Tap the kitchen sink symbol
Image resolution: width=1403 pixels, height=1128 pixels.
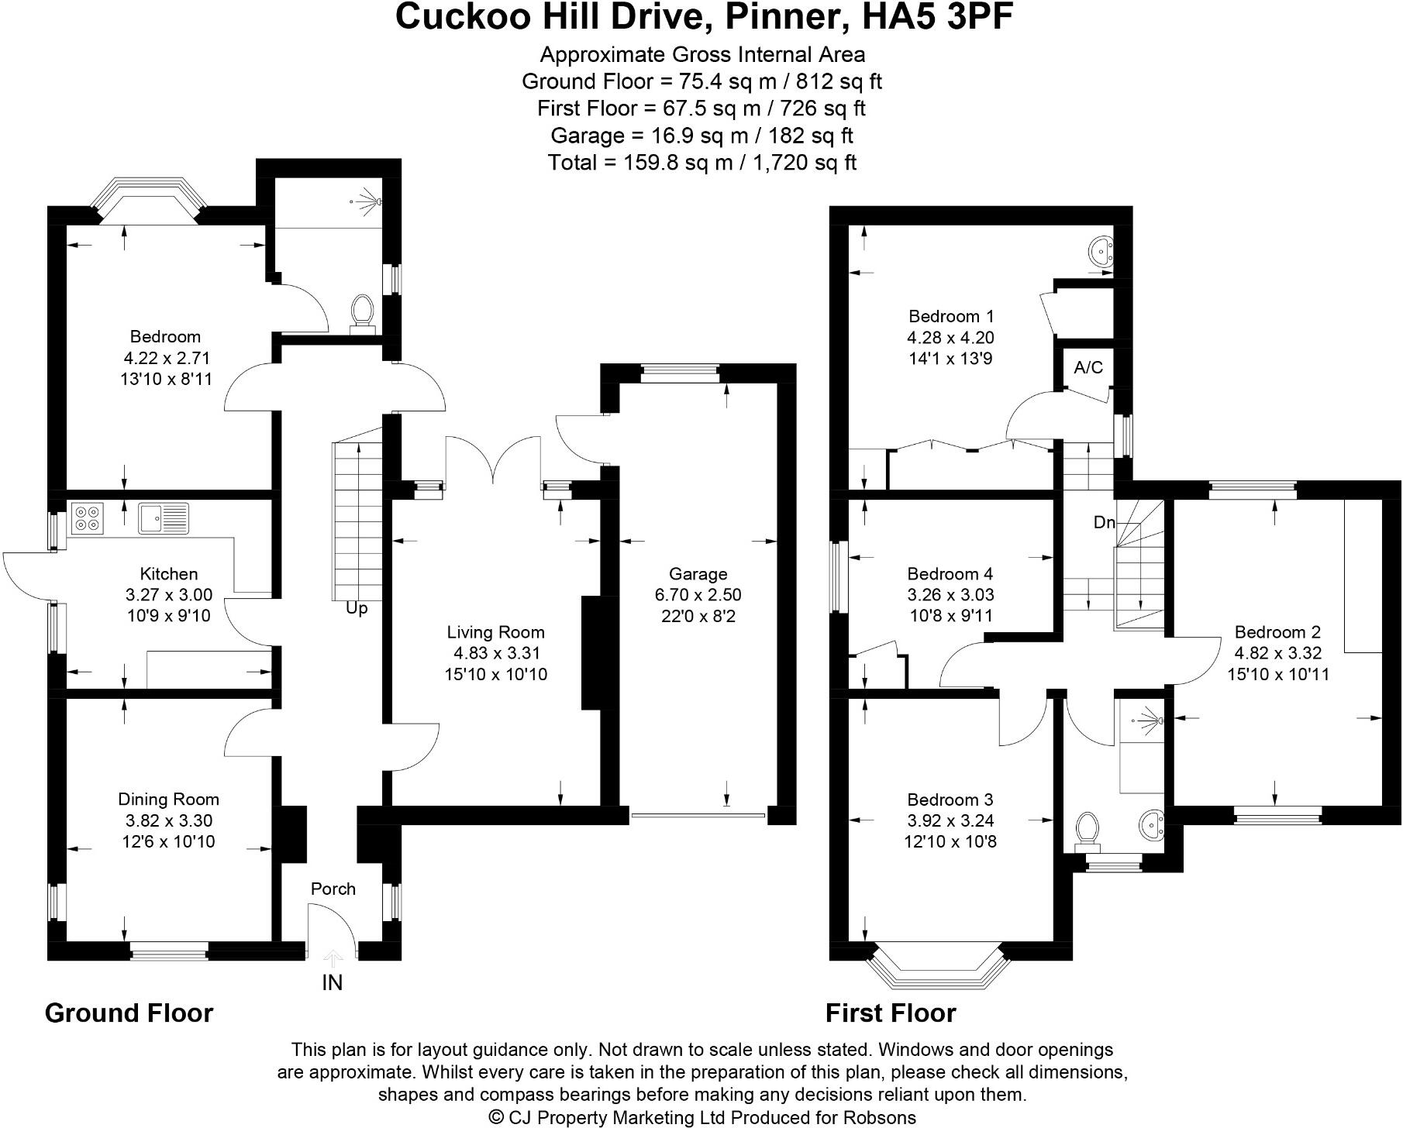tap(164, 518)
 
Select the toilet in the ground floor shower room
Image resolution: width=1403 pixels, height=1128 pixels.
tap(362, 311)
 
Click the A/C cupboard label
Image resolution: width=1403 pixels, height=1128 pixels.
tap(1088, 367)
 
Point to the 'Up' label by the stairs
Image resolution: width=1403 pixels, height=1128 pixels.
tap(356, 609)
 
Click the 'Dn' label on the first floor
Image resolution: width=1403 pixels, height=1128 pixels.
tap(1104, 522)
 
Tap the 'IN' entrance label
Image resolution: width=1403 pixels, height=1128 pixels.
tap(332, 982)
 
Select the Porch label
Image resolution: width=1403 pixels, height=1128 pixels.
tap(333, 889)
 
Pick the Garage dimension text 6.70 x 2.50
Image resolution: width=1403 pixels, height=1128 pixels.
tap(698, 595)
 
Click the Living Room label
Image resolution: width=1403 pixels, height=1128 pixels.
tap(495, 632)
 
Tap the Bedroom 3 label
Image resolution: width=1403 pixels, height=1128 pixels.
tap(950, 800)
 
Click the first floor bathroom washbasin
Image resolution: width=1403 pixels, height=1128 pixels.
tap(1152, 826)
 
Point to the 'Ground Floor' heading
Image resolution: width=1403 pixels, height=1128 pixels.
tap(129, 1013)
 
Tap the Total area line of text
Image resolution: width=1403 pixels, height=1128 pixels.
tap(701, 163)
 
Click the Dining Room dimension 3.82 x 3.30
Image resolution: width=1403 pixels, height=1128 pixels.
tap(168, 820)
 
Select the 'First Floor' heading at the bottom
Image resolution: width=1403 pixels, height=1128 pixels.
tap(891, 1013)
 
